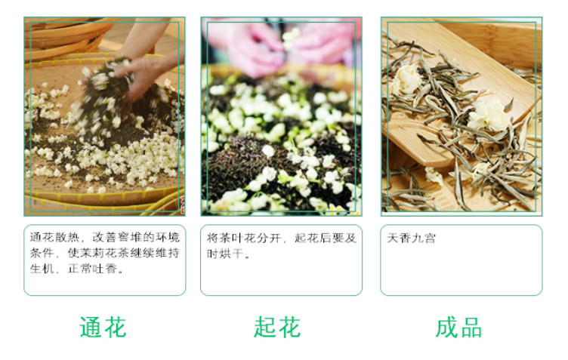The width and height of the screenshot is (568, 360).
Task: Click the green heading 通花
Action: pyautogui.click(x=103, y=328)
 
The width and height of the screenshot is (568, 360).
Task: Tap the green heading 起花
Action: pyautogui.click(x=277, y=328)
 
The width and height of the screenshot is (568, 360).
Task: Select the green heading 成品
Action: pyautogui.click(x=458, y=328)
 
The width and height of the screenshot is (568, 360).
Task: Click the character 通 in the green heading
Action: pyautogui.click(x=91, y=328)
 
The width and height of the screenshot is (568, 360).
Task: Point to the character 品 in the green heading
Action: pyautogui.click(x=471, y=328)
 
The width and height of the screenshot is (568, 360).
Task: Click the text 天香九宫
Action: pyautogui.click(x=411, y=238)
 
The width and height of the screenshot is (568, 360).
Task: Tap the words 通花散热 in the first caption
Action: pyautogui.click(x=54, y=237)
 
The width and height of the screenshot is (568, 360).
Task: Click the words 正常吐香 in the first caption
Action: pyautogui.click(x=92, y=269)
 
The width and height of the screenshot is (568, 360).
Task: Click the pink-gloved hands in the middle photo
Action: pyautogui.click(x=281, y=45)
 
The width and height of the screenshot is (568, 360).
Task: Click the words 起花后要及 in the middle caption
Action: pyautogui.click(x=326, y=238)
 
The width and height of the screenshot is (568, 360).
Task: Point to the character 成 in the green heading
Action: pyautogui.click(x=447, y=328)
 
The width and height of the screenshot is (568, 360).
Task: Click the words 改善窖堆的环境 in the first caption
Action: pyautogui.click(x=136, y=237)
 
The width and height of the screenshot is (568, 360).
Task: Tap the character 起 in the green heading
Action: pyautogui.click(x=266, y=328)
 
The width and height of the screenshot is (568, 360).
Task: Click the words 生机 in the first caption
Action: pyautogui.click(x=42, y=269)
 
